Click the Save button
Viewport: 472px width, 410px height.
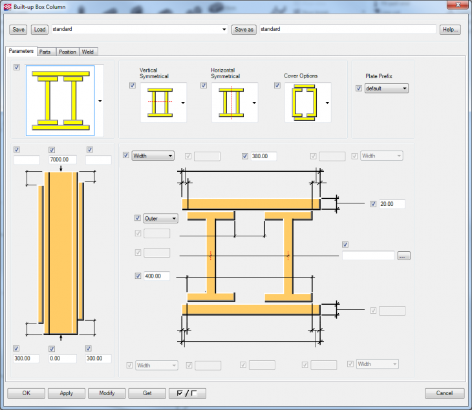(19, 30)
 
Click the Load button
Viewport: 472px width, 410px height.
(39, 30)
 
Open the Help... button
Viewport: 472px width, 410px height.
(450, 30)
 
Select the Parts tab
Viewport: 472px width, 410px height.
(45, 52)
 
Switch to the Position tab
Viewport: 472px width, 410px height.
(67, 52)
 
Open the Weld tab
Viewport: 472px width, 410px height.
(89, 52)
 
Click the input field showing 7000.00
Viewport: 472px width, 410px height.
(63, 159)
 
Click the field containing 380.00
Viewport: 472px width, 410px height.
(264, 156)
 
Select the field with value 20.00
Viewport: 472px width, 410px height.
(392, 204)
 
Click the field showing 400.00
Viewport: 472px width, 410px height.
(157, 276)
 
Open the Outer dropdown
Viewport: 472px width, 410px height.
(160, 219)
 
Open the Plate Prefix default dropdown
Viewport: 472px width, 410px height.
(386, 88)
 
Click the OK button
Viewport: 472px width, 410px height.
(26, 393)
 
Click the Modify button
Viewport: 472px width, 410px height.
(107, 393)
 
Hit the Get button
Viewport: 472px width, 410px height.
(147, 393)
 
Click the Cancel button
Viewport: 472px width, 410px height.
(444, 393)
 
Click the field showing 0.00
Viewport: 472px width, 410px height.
(63, 358)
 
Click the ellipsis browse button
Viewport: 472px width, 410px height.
(404, 256)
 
